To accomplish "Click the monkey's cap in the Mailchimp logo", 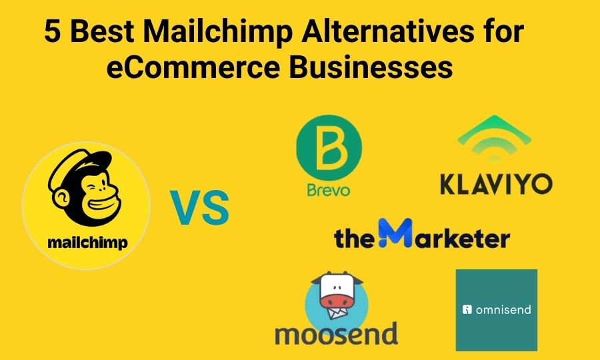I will (x=87, y=165).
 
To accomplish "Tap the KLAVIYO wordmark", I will (x=496, y=183).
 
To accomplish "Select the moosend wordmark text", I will (x=336, y=332).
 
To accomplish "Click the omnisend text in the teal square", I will (x=502, y=309).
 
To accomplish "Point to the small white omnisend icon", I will (x=467, y=309).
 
